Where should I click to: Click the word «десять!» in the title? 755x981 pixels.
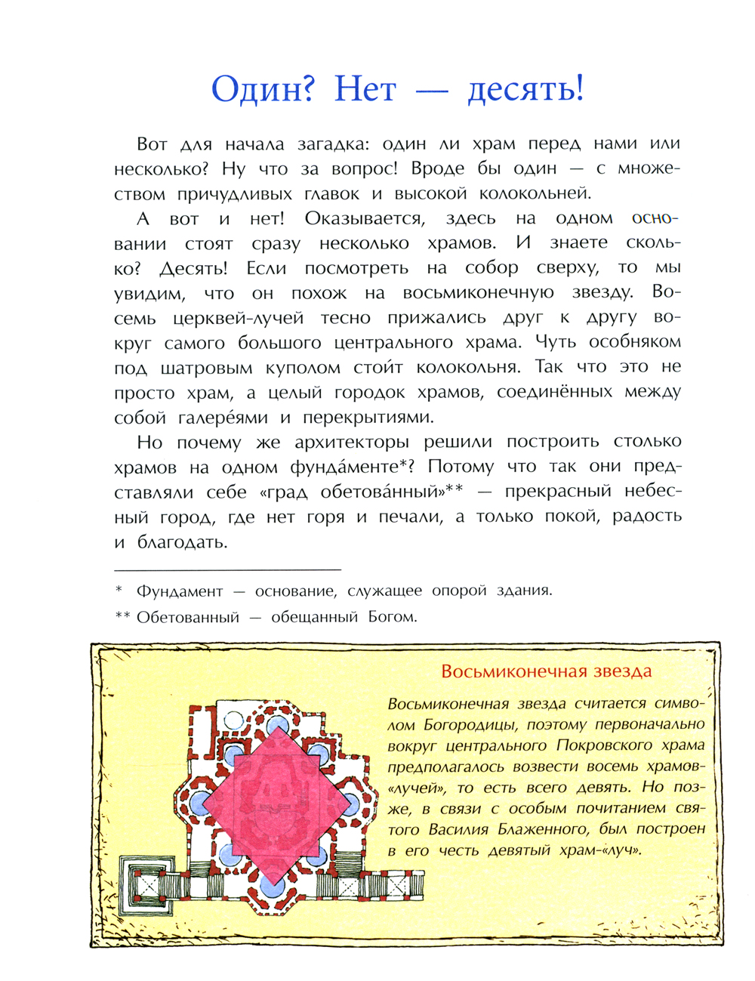525,90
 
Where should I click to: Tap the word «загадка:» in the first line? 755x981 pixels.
336,143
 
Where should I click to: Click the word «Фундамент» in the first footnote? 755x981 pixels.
180,591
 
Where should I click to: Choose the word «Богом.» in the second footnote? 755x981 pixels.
393,617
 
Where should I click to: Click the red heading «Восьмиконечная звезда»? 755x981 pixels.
547,671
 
